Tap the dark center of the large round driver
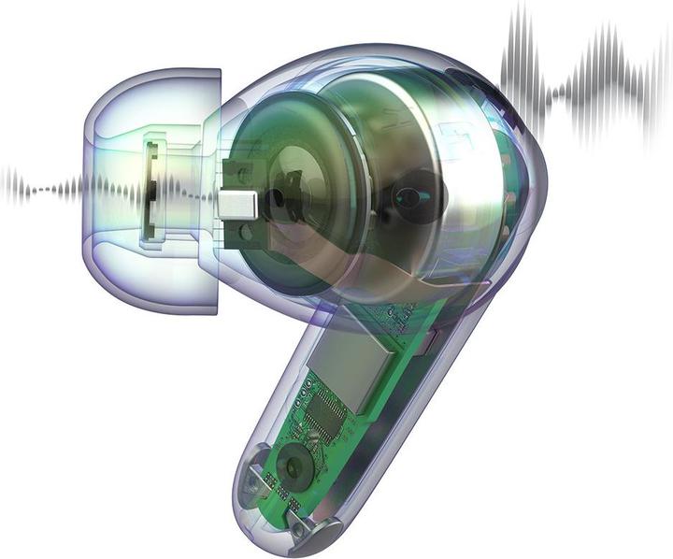(x=278, y=199)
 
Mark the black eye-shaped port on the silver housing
(x=408, y=197)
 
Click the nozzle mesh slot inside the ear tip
(x=153, y=193)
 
